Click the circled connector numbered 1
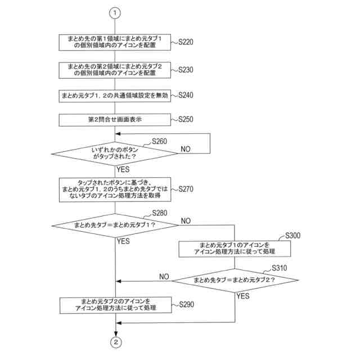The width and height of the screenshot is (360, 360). click(115, 13)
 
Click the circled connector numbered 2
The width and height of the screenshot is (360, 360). click(116, 343)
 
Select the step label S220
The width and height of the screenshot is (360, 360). click(186, 42)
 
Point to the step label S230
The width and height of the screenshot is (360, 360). click(186, 70)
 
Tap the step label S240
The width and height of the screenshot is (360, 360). click(186, 95)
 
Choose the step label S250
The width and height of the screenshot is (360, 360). click(186, 119)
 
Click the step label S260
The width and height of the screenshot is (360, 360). click(159, 141)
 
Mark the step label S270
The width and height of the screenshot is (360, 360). click(186, 189)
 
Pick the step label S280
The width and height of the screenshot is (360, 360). click(160, 213)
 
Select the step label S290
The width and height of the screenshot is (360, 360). click(186, 305)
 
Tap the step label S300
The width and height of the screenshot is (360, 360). click(292, 236)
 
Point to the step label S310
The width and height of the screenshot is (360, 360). click(280, 268)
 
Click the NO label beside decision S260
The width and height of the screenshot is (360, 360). click(186, 149)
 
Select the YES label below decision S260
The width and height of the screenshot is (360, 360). click(123, 169)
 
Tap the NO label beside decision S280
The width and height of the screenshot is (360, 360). click(186, 221)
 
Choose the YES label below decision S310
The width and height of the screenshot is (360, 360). click(243, 296)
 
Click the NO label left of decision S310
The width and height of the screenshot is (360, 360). click(164, 277)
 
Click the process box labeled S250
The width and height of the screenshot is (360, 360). click(115, 120)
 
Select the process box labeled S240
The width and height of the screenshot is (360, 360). click(115, 96)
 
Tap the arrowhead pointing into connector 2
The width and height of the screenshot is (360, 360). click(116, 334)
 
